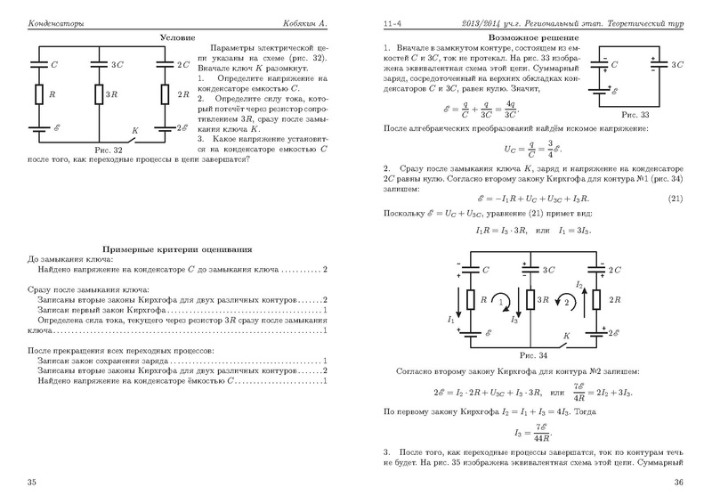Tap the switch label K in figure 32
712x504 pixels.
133,130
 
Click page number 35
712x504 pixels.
32,482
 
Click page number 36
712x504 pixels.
677,482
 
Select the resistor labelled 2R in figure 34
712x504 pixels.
598,301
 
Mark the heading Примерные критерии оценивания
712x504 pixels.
178,248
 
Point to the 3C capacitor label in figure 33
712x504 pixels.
677,65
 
